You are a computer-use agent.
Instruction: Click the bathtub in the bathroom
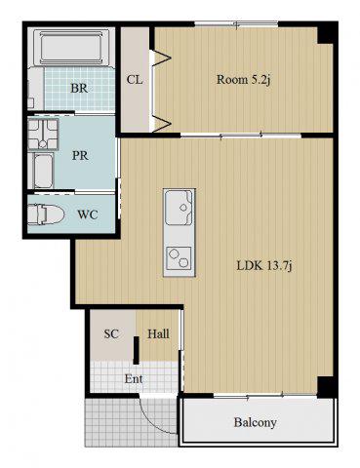point(70,47)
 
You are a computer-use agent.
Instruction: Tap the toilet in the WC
point(46,214)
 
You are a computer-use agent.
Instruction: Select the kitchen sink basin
point(179,208)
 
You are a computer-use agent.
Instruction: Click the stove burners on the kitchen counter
point(179,258)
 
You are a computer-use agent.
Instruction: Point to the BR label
point(79,88)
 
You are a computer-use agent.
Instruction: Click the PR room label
point(80,156)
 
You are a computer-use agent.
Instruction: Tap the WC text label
point(88,214)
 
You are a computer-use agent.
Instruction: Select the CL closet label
point(135,79)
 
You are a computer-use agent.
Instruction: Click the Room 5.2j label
point(244,79)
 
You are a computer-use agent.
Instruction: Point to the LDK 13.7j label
point(264,266)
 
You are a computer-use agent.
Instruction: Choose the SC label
point(111,333)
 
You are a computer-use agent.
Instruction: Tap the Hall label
point(158,333)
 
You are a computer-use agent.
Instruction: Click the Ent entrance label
point(134,379)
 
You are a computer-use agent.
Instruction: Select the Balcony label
point(256,422)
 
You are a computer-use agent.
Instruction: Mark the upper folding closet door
point(161,58)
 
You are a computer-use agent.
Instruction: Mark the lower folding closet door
point(161,123)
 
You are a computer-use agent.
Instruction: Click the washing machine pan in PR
point(43,134)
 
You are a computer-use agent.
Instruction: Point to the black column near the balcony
point(325,387)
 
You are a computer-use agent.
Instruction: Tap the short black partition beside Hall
point(137,350)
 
